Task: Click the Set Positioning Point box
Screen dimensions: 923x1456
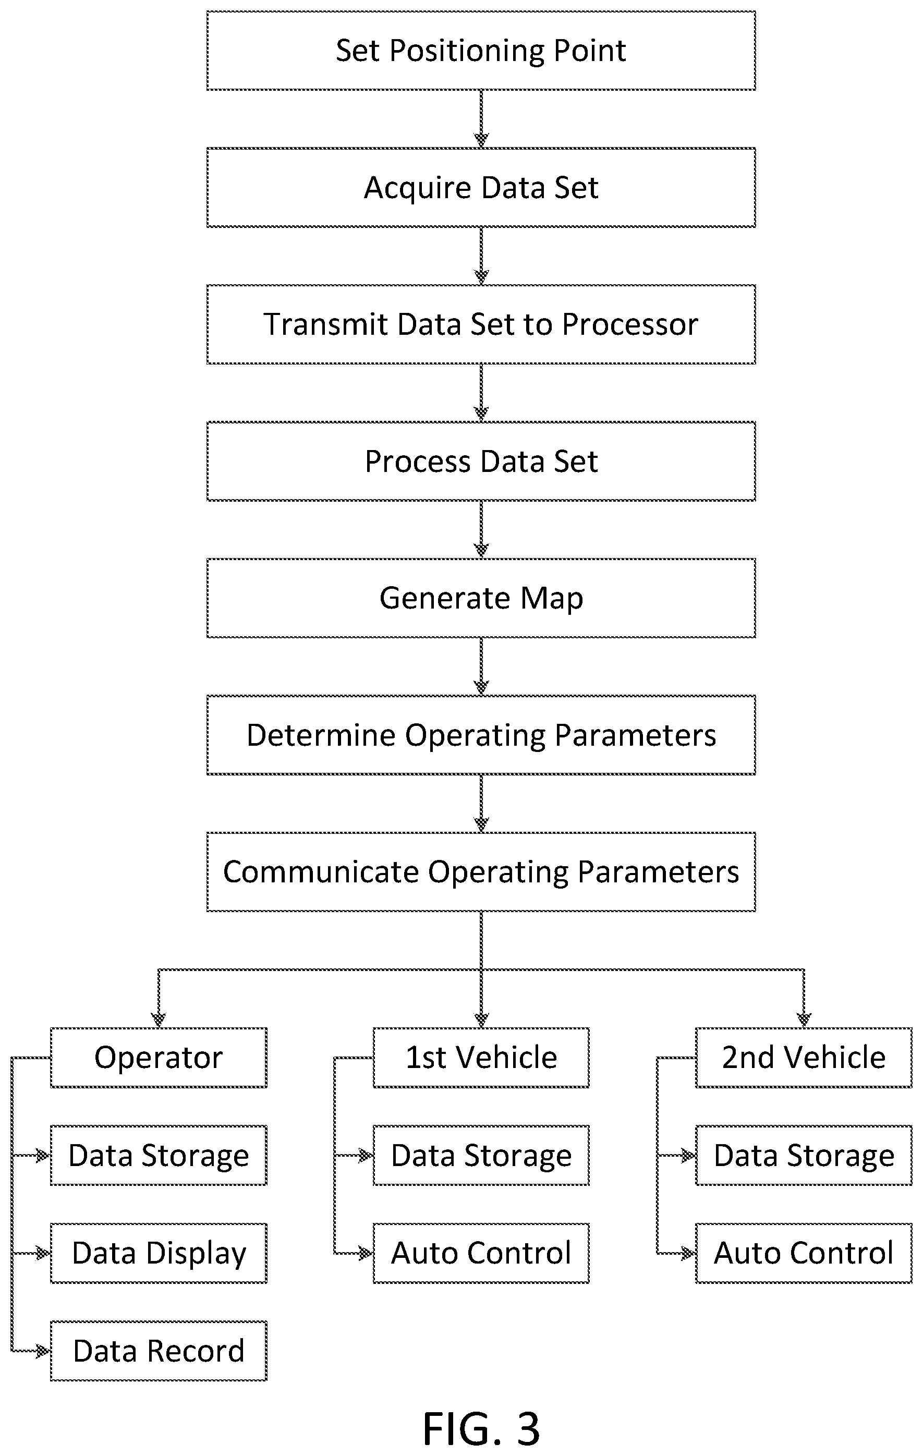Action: [x=481, y=51]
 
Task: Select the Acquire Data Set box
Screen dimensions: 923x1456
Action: [x=481, y=187]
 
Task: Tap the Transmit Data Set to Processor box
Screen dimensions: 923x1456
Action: [x=481, y=324]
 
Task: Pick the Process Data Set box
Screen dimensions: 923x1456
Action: [x=481, y=462]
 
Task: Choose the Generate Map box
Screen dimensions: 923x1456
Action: [x=481, y=598]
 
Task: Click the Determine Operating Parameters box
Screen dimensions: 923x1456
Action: [x=481, y=735]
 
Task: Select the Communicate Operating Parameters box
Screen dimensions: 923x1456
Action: [x=481, y=872]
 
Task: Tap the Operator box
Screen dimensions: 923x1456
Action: [x=159, y=1058]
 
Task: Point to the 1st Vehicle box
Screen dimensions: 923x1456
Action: [x=481, y=1058]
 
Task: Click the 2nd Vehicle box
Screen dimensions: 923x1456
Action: [x=804, y=1058]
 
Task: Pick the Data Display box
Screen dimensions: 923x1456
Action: [x=159, y=1253]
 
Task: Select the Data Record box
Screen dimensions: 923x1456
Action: [x=159, y=1351]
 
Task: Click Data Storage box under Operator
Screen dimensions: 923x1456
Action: [x=159, y=1156]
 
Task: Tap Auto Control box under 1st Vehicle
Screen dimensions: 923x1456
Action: [x=481, y=1253]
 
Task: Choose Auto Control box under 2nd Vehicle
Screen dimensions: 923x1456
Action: [x=804, y=1253]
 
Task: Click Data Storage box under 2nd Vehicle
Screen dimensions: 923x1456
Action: [x=804, y=1156]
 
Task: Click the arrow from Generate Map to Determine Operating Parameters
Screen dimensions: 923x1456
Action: [x=481, y=666]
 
